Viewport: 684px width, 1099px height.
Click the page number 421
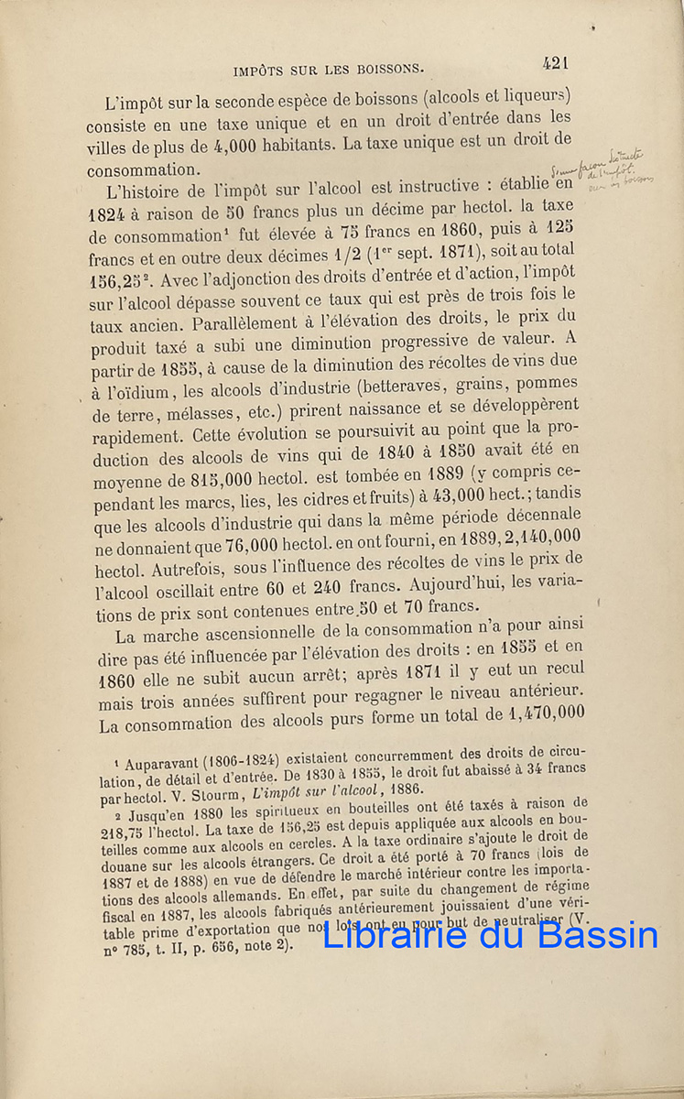tap(556, 63)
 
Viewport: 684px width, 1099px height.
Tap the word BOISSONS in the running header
tap(384, 69)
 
